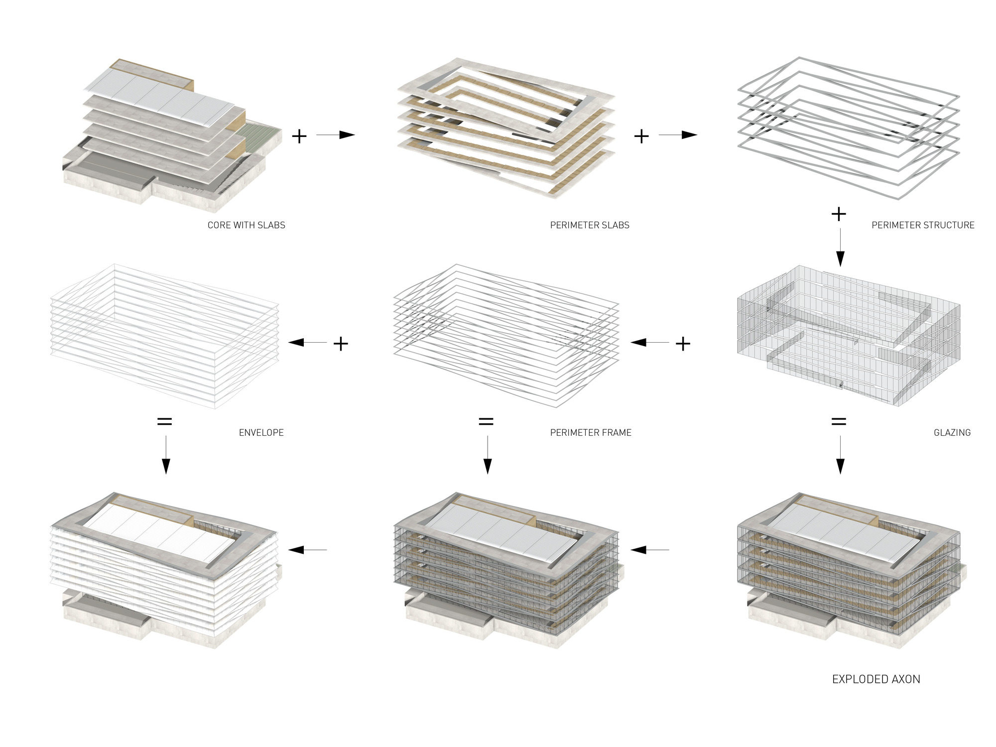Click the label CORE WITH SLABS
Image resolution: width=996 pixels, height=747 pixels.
tap(246, 225)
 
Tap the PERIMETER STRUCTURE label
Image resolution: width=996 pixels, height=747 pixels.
tap(923, 225)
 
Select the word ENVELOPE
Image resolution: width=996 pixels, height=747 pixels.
tap(261, 433)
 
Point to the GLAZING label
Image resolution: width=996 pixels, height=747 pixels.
tap(952, 433)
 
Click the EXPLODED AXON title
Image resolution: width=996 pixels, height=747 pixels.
tap(876, 679)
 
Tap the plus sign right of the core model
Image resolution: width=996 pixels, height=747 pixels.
tap(299, 136)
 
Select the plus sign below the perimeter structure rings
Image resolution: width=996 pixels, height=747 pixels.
tap(839, 214)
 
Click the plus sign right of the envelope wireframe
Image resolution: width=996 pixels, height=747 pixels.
tap(341, 344)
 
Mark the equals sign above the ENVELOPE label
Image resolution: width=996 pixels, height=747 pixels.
tap(165, 422)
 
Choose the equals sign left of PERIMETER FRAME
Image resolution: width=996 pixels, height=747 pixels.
tap(486, 422)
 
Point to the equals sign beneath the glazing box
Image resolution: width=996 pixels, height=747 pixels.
tap(839, 422)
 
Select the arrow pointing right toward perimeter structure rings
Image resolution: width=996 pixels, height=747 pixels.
tap(678, 135)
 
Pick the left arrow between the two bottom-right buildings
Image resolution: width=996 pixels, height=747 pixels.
tap(650, 550)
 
